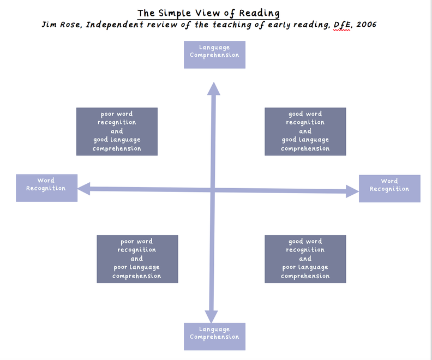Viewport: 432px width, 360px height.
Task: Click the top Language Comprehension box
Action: click(x=214, y=55)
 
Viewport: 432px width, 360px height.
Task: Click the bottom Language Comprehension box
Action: click(x=214, y=337)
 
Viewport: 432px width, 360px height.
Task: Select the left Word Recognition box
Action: click(x=46, y=188)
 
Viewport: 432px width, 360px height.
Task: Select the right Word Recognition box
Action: click(x=389, y=189)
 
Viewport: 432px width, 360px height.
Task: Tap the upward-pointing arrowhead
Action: click(x=213, y=89)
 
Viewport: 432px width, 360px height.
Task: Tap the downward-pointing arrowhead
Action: click(x=211, y=316)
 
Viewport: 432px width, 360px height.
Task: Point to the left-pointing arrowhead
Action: click(x=84, y=189)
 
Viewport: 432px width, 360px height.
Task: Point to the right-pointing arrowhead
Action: click(x=352, y=191)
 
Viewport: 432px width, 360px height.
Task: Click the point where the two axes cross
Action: click(x=212, y=190)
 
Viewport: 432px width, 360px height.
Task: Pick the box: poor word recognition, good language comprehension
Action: click(x=117, y=131)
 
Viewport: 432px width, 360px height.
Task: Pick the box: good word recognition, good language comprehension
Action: click(x=305, y=131)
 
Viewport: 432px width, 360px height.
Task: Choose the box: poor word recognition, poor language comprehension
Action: click(x=137, y=259)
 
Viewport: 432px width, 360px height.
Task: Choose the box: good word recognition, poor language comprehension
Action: click(x=305, y=259)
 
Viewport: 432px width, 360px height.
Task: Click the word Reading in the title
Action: click(x=259, y=13)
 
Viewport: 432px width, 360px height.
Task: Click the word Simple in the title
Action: click(x=175, y=14)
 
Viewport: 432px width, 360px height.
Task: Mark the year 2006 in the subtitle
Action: click(x=366, y=25)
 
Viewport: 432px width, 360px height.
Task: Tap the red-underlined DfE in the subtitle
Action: click(x=342, y=25)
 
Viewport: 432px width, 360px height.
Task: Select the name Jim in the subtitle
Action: click(x=49, y=25)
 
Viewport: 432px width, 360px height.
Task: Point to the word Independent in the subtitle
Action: click(x=115, y=25)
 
